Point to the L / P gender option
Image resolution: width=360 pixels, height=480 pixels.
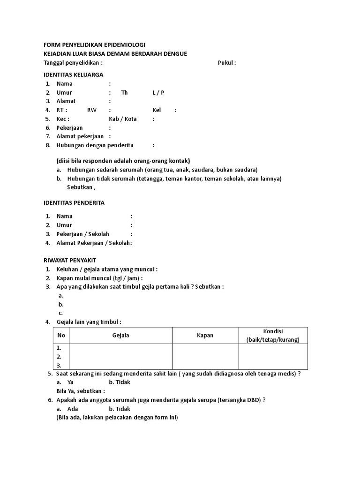158,92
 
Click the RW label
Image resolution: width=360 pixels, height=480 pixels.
92,110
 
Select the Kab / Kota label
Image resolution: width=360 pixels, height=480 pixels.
123,119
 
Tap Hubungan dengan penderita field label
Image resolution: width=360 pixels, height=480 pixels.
95,145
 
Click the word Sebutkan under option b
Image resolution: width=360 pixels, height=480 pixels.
81,187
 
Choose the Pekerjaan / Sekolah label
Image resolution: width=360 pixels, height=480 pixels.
83,234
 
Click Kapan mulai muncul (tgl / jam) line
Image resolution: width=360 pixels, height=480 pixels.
99,278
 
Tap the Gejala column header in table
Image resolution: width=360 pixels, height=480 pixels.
120,335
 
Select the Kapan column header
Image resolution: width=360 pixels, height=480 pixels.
205,335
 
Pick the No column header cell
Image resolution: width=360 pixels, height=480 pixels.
61,335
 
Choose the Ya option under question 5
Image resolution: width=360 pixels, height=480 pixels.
71,382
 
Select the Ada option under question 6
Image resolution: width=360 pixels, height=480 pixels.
73,409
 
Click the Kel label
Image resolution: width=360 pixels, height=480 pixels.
157,110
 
